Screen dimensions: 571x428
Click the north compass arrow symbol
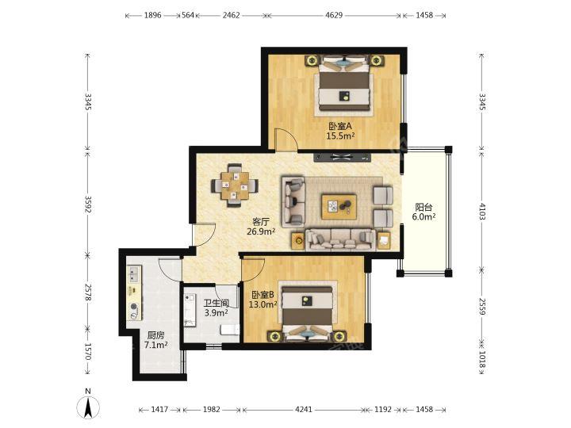(88, 407)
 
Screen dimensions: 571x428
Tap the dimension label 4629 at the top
(334, 15)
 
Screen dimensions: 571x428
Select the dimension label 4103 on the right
(482, 211)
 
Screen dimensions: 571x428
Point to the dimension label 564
(188, 15)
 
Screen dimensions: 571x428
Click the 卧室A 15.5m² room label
(340, 132)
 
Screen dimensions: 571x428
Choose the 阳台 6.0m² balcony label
(423, 212)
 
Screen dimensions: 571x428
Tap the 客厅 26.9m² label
(261, 227)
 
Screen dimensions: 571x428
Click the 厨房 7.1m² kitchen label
(156, 340)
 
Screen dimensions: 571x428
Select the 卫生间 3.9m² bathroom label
(217, 308)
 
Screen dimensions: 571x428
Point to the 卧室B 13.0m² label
(263, 300)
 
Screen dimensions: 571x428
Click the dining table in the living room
(235, 185)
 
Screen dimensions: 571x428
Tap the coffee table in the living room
(339, 206)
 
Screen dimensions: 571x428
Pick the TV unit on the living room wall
(343, 157)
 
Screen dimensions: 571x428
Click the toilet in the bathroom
(230, 330)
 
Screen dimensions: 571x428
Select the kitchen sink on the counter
(134, 274)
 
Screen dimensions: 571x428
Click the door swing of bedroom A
(286, 139)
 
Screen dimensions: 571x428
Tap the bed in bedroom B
(308, 313)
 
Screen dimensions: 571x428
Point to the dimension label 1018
(482, 359)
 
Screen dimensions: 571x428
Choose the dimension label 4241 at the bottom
(303, 410)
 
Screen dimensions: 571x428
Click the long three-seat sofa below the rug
(340, 240)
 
